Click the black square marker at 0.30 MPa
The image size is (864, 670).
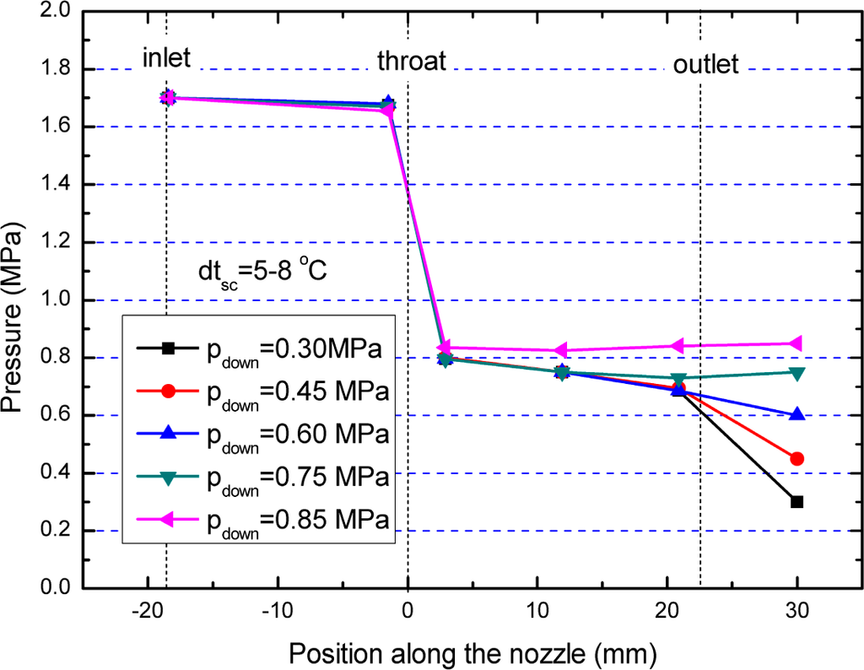[796, 501]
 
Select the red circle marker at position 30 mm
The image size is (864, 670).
[796, 458]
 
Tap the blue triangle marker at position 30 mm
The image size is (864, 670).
[796, 414]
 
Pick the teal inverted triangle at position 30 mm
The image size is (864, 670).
[796, 373]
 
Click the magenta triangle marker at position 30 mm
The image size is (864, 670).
[796, 343]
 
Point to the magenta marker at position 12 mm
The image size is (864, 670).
[560, 351]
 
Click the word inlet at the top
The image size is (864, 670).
[166, 58]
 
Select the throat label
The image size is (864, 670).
[411, 61]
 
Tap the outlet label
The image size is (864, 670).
[705, 64]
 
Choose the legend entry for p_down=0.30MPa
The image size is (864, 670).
[261, 348]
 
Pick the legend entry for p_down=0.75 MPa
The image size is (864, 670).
[261, 477]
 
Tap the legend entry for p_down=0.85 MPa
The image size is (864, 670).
[261, 520]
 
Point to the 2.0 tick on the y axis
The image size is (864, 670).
[55, 13]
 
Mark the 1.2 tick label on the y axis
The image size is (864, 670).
[55, 243]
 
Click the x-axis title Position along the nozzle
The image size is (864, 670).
[472, 652]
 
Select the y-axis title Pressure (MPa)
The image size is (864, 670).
[15, 300]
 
